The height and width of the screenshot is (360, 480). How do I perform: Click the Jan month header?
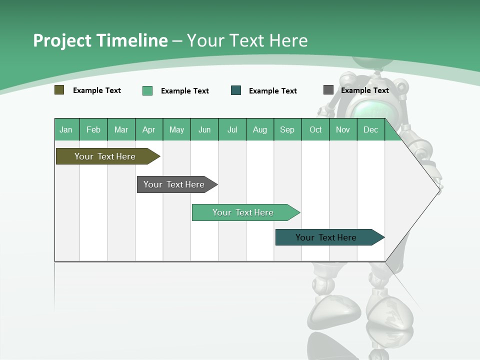point(66,129)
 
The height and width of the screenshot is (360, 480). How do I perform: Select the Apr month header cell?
point(149,129)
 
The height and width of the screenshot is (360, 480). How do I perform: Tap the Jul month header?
point(232,129)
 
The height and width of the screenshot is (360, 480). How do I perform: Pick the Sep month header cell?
point(287,129)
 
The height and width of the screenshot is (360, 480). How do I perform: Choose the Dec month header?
point(370,129)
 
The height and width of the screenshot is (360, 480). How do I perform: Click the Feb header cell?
point(93,129)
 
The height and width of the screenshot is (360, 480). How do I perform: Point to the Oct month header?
point(315,129)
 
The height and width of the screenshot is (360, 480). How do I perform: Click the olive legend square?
point(59,90)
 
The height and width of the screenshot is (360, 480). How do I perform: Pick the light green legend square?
point(147,90)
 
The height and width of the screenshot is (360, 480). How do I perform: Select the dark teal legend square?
point(236,90)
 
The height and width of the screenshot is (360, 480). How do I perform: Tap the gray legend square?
point(328,90)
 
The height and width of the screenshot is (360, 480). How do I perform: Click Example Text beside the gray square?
point(364,90)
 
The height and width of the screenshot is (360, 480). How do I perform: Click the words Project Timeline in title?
point(100,40)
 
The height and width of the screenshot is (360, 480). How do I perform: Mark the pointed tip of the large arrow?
point(440,190)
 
